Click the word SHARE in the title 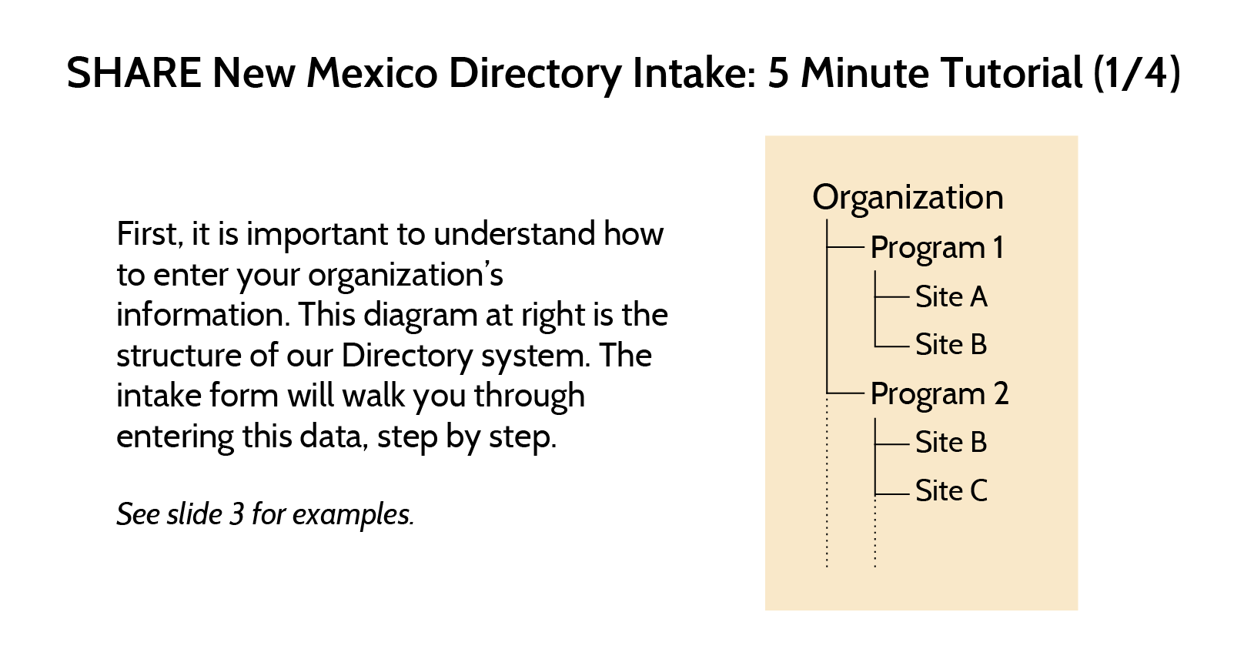pyautogui.click(x=134, y=73)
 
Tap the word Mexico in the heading pyautogui.click(x=372, y=73)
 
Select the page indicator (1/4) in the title pyautogui.click(x=1137, y=74)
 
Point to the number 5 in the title pyautogui.click(x=778, y=73)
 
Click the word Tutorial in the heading pyautogui.click(x=1011, y=73)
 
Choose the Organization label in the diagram pyautogui.click(x=908, y=198)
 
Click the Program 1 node pyautogui.click(x=937, y=249)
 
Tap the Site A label pyautogui.click(x=951, y=296)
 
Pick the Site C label pyautogui.click(x=951, y=491)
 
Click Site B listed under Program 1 pyautogui.click(x=951, y=344)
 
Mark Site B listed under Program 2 pyautogui.click(x=951, y=442)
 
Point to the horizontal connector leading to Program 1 pyautogui.click(x=845, y=247)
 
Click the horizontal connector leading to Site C pyautogui.click(x=891, y=493)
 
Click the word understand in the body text pyautogui.click(x=514, y=233)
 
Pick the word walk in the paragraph pyautogui.click(x=373, y=395)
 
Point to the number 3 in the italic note pyautogui.click(x=237, y=514)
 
